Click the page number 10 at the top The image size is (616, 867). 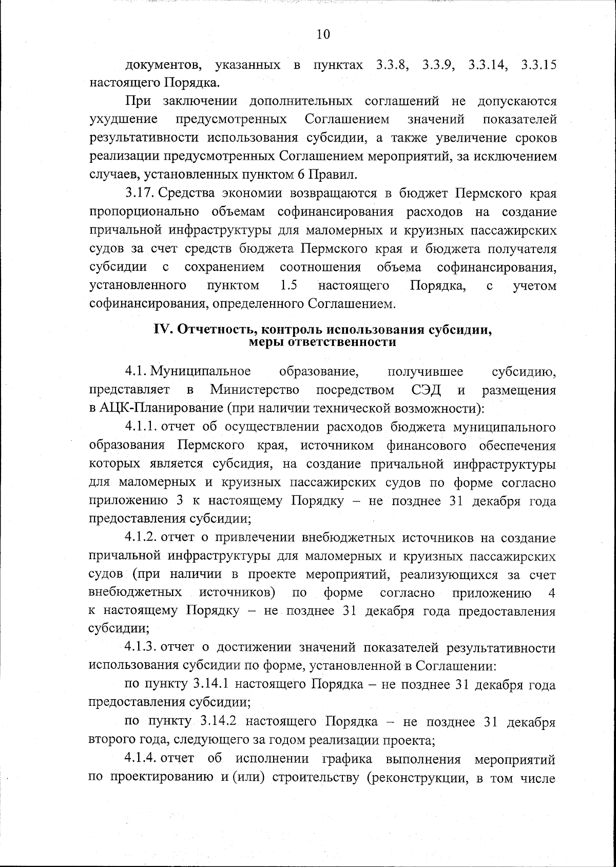point(323,34)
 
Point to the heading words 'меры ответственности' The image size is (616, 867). point(322,342)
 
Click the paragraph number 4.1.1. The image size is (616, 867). point(141,427)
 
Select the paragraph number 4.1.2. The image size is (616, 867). point(141,537)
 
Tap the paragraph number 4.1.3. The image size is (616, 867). point(141,648)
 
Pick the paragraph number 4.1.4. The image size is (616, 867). point(141,759)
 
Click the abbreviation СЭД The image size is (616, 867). point(426,390)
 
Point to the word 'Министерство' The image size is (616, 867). point(255,390)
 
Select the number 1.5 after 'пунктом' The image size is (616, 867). point(290,285)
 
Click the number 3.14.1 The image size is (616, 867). point(213,685)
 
